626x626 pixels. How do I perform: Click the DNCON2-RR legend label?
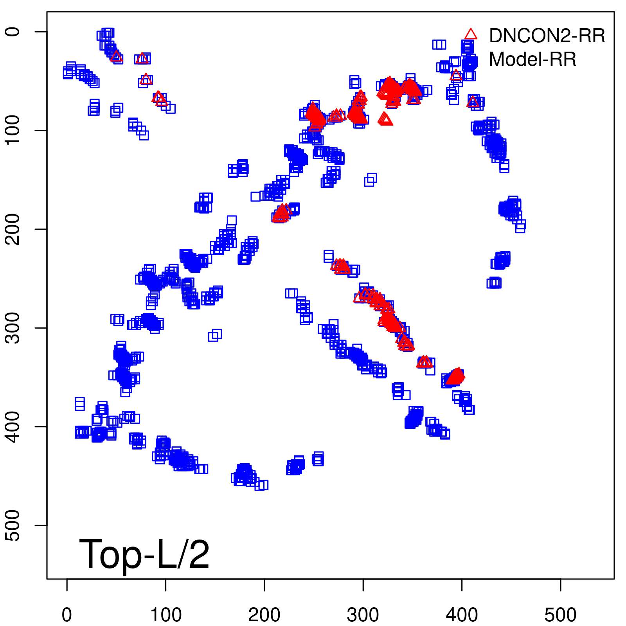[547, 36]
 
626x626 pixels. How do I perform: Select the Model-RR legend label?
[532, 59]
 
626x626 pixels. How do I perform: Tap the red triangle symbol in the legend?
[471, 34]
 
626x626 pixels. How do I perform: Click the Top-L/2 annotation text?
[144, 554]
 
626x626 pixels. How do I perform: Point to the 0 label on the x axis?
[67, 615]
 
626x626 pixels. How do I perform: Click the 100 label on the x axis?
[166, 615]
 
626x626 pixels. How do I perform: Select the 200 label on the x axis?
[264, 615]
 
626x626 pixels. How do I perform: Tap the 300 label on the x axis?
[363, 615]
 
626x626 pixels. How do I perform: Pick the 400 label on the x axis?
[462, 615]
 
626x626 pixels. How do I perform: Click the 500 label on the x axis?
[561, 615]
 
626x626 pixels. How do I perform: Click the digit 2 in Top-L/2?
[198, 554]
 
